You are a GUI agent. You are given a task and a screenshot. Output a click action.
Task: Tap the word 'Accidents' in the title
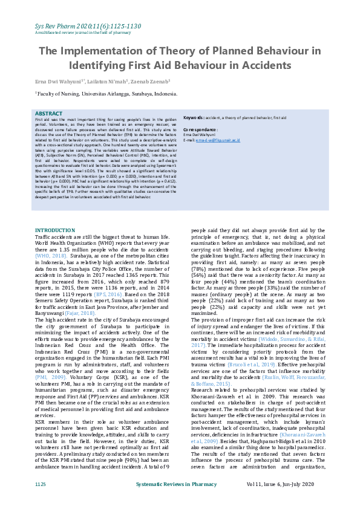click(261, 65)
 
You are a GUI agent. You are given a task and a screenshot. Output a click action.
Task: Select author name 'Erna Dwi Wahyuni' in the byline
click(55, 80)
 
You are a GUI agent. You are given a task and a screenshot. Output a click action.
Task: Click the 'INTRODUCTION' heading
click(54, 230)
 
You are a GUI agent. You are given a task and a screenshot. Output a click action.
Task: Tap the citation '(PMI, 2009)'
click(48, 376)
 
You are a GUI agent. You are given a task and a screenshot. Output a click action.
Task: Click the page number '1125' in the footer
click(41, 484)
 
